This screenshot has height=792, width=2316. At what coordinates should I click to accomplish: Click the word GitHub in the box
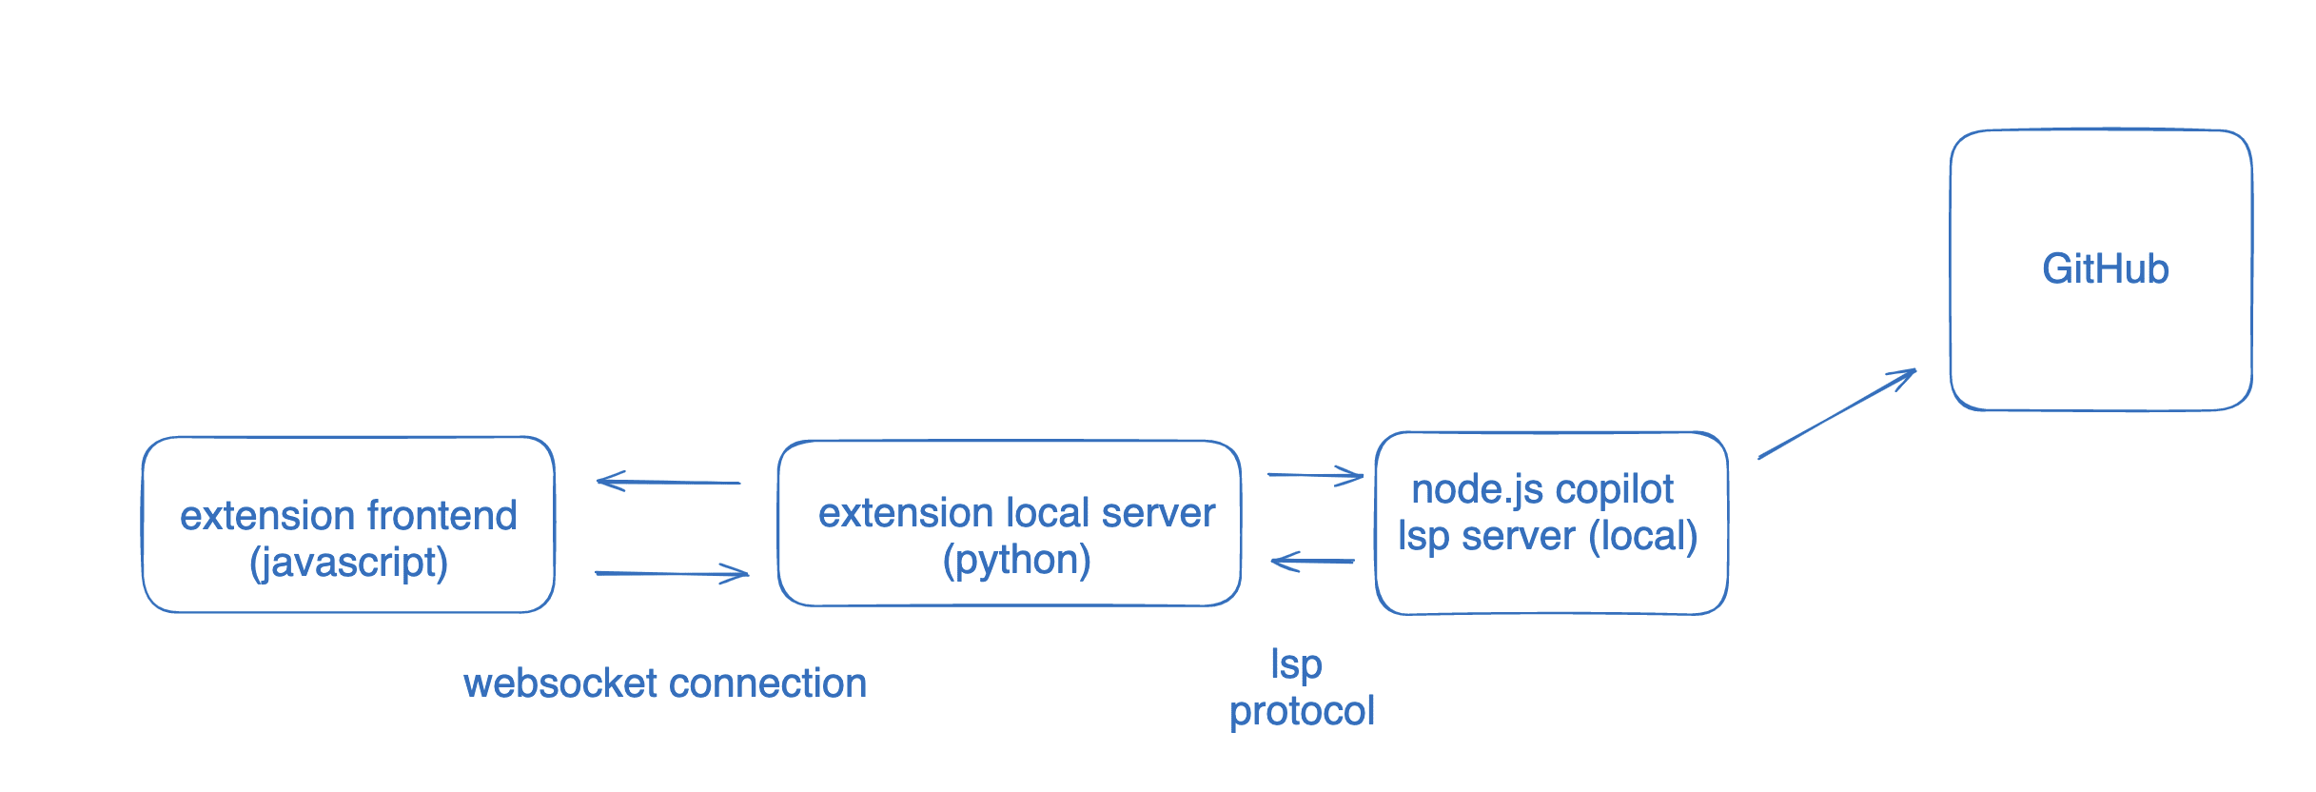2105,269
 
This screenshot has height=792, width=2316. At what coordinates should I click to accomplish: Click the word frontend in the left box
442,516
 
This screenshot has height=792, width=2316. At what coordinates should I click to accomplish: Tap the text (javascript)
348,563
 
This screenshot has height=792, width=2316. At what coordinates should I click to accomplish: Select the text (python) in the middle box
1016,560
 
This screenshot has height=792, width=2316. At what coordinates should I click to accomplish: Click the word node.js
1476,489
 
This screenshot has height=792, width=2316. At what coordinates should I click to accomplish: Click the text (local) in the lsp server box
1643,536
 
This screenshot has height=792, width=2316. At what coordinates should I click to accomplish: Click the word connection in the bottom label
767,683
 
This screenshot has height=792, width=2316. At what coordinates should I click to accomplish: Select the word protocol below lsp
1302,712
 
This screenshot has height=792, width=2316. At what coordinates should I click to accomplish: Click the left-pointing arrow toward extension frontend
668,482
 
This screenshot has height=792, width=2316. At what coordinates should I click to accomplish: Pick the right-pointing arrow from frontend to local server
671,573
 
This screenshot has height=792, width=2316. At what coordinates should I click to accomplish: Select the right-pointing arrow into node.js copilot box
1315,475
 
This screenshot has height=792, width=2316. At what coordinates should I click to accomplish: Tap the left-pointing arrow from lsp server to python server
1313,561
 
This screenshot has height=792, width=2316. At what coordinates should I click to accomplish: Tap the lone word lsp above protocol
1296,665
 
